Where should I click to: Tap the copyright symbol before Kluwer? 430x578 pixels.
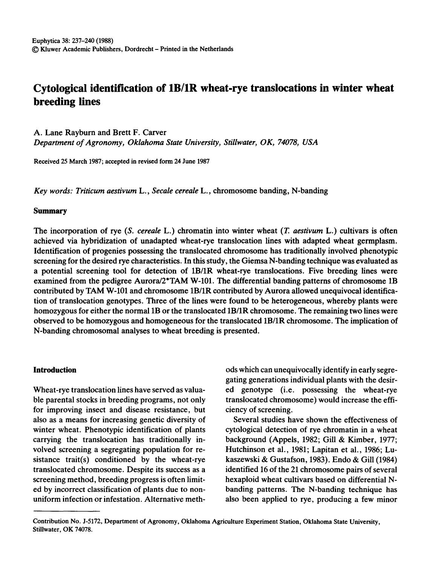[36, 49]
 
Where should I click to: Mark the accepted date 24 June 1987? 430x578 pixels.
[189, 161]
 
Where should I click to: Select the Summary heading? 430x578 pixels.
[50, 211]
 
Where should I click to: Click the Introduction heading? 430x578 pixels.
[55, 370]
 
